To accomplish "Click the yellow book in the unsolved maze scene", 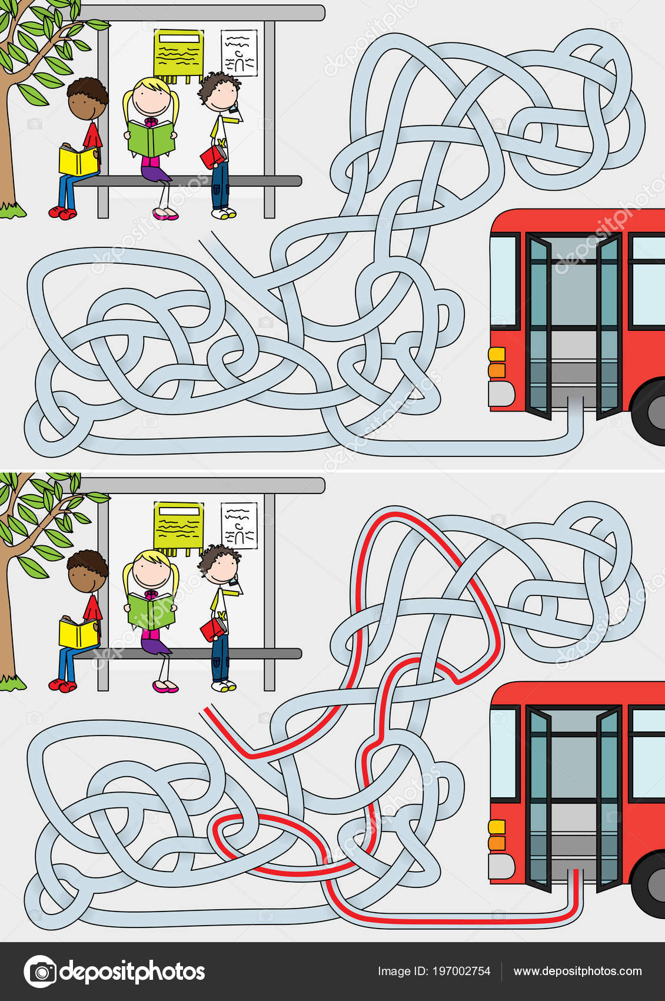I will [78, 160].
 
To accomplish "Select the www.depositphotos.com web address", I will [577, 971].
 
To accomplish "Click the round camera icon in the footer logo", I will [41, 971].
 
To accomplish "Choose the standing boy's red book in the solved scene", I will [213, 629].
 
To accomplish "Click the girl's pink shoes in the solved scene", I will [165, 687].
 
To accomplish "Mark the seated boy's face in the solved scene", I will [85, 582].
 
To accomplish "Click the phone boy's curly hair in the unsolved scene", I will [218, 82].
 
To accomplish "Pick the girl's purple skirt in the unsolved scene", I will [155, 172].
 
